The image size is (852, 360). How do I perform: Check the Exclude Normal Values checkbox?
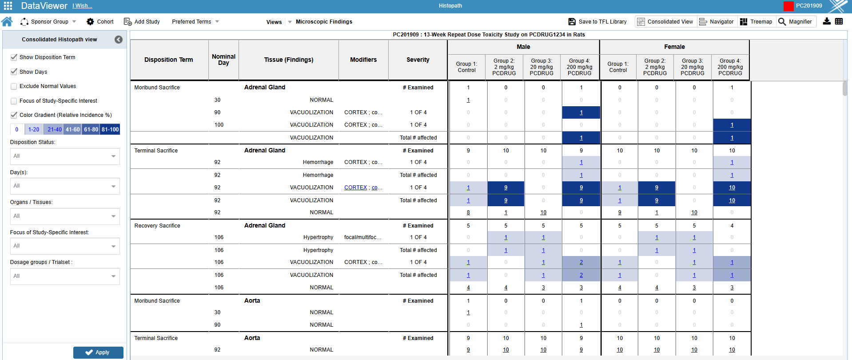click(x=14, y=86)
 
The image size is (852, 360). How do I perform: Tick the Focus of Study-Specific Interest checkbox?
click(x=14, y=101)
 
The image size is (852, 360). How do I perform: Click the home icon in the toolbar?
click(x=7, y=21)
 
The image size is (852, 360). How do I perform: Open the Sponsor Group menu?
click(x=49, y=21)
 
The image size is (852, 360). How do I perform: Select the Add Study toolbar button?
click(x=142, y=21)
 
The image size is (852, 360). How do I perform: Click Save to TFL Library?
click(x=597, y=21)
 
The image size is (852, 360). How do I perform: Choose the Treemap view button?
click(x=756, y=21)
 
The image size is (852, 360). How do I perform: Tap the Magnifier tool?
click(x=795, y=21)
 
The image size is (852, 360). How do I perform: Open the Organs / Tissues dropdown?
click(x=65, y=216)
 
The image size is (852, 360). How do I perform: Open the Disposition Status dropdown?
click(x=65, y=156)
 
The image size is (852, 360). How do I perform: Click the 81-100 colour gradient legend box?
click(x=110, y=129)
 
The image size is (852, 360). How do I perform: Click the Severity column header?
click(x=418, y=60)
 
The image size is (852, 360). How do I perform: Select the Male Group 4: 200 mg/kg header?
click(x=579, y=67)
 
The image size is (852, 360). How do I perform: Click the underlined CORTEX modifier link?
click(x=355, y=188)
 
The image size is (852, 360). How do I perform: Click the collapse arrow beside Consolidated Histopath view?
click(x=119, y=40)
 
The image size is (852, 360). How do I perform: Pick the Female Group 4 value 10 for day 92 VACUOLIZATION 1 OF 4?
click(x=732, y=188)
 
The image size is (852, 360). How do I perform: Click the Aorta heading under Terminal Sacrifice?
click(x=252, y=338)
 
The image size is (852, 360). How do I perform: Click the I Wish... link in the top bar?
click(x=82, y=6)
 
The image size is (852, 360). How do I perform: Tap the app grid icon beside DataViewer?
click(x=8, y=6)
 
